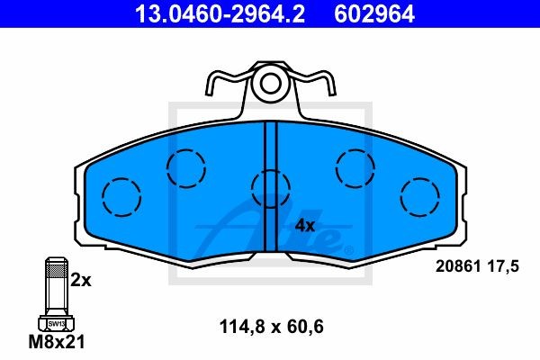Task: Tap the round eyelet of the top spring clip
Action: (268, 86)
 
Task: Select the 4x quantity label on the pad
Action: (306, 225)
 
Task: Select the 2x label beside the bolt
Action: (81, 280)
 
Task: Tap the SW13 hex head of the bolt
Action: (55, 321)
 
